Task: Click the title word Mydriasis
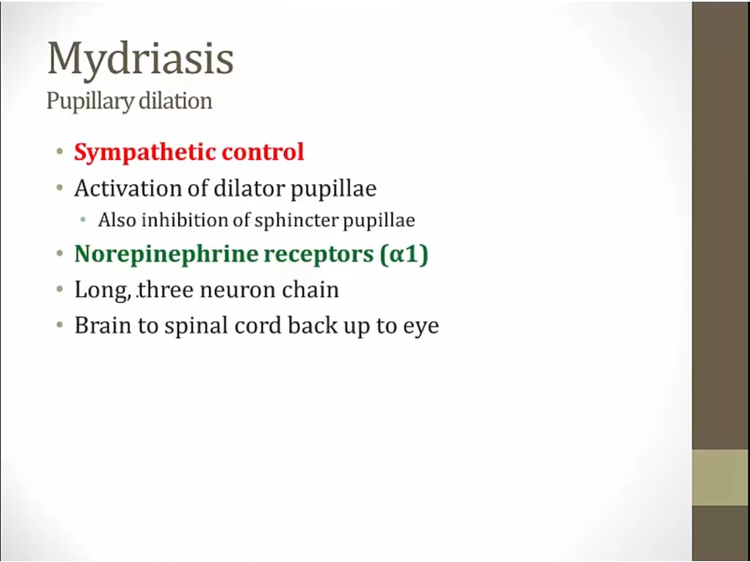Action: (141, 59)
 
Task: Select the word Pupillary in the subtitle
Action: (89, 102)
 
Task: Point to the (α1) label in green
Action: (404, 254)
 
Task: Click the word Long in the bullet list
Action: (102, 291)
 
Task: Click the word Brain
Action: (102, 326)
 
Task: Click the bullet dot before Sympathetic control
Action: (59, 153)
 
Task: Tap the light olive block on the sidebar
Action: (721, 477)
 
